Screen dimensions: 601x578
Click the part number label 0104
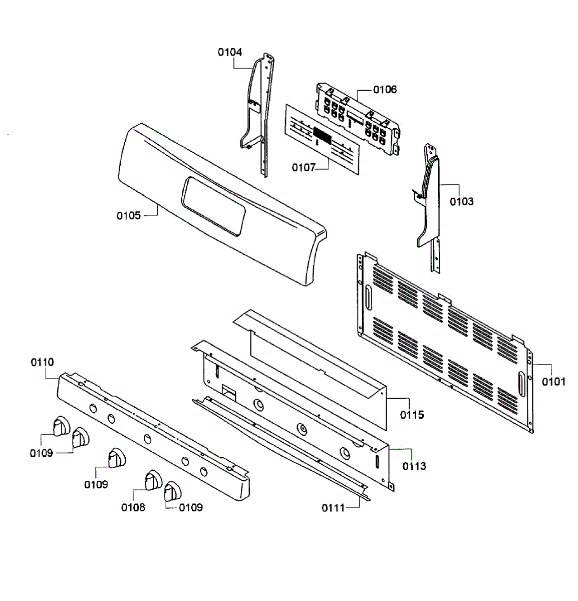pos(229,52)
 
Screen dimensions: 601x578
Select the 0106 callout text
pos(385,90)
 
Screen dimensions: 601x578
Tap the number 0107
pos(304,167)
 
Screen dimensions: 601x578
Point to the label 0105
pos(129,215)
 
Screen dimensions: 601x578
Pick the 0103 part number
pos(461,201)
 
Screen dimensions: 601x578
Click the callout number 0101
pos(553,382)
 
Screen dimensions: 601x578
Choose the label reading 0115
pos(412,415)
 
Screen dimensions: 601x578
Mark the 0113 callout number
pos(414,466)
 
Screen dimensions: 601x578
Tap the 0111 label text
pos(333,508)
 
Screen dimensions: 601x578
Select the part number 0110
pos(43,362)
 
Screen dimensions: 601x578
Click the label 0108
pos(133,507)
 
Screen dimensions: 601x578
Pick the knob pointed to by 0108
pos(153,480)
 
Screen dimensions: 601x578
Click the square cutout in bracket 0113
pos(228,392)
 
